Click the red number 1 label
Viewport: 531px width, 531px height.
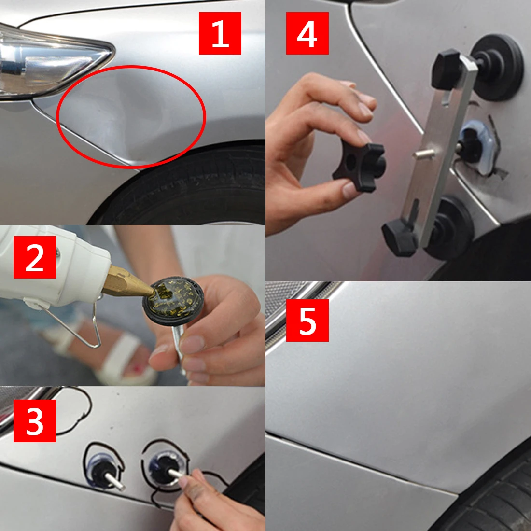click(220, 33)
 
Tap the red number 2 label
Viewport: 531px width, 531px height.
click(35, 257)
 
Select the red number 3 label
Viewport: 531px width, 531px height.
click(35, 420)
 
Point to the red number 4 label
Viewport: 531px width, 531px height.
click(307, 33)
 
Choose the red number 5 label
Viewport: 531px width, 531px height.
click(307, 321)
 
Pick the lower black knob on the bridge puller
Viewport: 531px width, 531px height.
click(400, 237)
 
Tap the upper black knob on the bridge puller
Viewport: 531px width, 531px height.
click(447, 70)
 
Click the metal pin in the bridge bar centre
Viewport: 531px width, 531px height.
click(424, 154)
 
